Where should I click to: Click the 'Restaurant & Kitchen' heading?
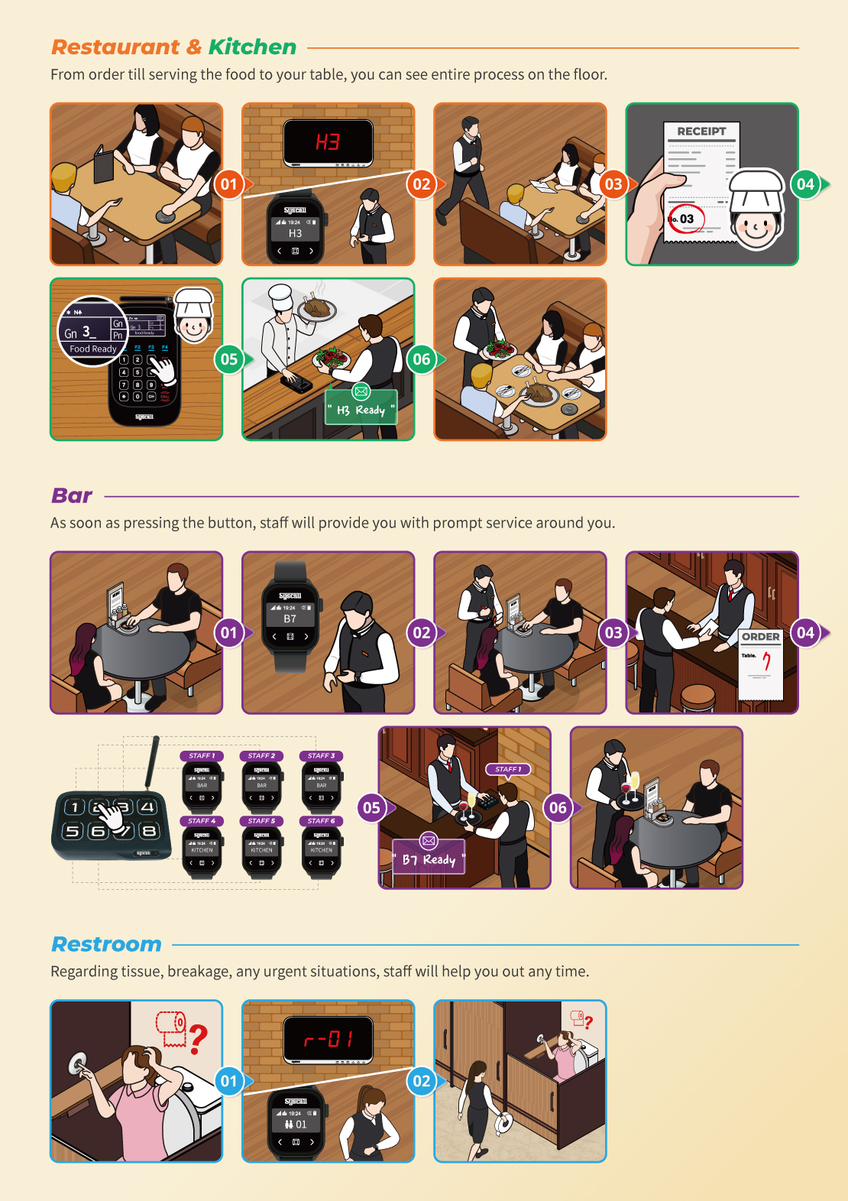(x=173, y=47)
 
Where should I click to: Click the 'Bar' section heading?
(x=72, y=496)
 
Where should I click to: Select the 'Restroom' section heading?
(x=106, y=945)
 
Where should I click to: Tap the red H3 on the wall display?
(x=328, y=142)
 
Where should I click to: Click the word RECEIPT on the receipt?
(x=701, y=131)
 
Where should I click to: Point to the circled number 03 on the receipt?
(x=685, y=219)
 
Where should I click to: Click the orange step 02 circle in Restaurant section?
(x=422, y=184)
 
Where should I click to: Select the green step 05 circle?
(x=229, y=359)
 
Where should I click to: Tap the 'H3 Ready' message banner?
(x=361, y=410)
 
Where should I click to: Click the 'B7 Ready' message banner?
(x=429, y=859)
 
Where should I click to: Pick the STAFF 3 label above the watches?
(x=321, y=755)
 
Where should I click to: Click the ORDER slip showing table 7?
(x=761, y=664)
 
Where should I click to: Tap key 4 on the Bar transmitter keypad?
(x=147, y=807)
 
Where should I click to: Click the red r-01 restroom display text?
(x=328, y=1040)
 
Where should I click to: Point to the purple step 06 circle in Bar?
(x=558, y=808)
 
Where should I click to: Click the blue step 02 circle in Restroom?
(x=422, y=1081)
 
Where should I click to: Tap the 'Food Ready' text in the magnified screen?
(x=93, y=349)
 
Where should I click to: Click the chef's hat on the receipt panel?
(x=756, y=189)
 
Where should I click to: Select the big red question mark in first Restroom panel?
(x=199, y=1040)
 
